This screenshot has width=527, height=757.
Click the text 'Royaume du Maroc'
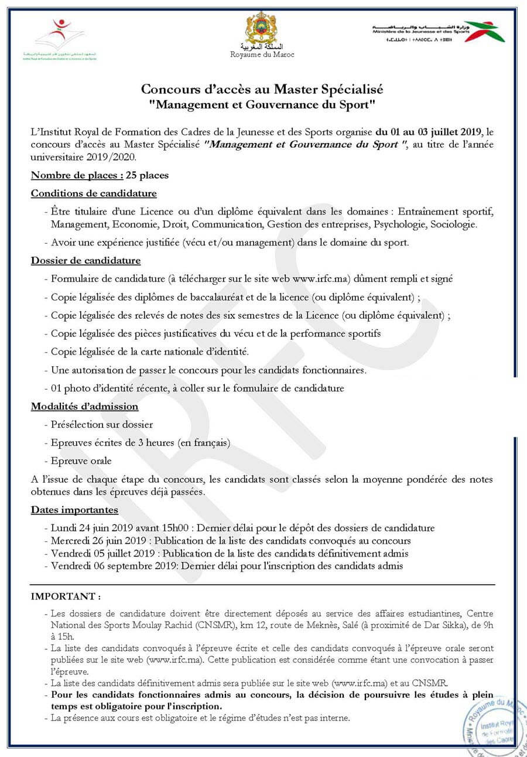pos(262,54)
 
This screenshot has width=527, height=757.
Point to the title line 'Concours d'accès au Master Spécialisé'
pos(262,90)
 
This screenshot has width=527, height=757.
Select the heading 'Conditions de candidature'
pos(94,193)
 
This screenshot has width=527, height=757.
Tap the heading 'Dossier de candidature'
pos(85,260)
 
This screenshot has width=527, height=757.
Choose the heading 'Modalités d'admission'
pos(84,406)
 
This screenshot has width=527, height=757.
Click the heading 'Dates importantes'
pos(74,510)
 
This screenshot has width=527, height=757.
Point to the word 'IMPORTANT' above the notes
pos(63,597)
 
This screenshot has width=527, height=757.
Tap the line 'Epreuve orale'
pos(81,461)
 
